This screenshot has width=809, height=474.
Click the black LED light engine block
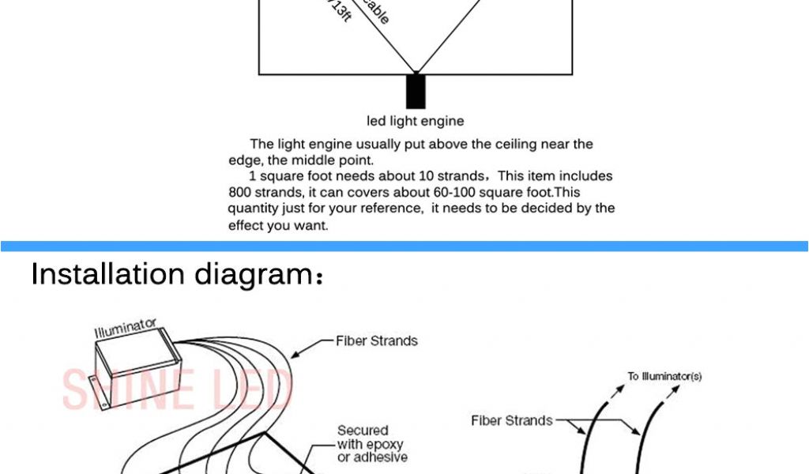click(x=416, y=92)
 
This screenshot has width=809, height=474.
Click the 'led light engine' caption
click(x=416, y=122)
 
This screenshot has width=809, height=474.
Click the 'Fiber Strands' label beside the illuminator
click(x=377, y=341)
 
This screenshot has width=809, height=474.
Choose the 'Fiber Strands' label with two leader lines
click(x=512, y=421)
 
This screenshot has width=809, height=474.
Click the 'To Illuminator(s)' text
click(x=664, y=377)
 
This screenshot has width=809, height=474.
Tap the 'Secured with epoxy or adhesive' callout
click(x=372, y=443)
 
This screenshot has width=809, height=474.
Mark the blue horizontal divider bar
click(x=404, y=246)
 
